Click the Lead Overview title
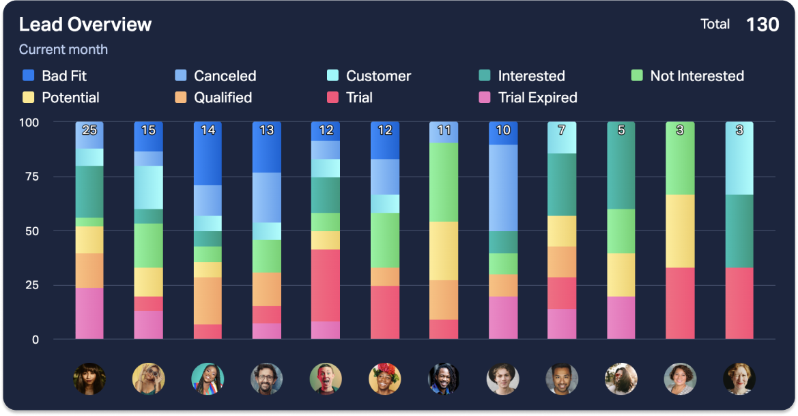[85, 25]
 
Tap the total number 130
[763, 25]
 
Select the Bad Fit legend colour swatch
[29, 76]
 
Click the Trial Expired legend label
[537, 98]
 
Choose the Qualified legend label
[223, 98]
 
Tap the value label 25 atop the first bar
[89, 130]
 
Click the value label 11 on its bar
[444, 130]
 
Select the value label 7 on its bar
[562, 130]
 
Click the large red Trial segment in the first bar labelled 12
[326, 285]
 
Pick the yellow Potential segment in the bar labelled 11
[444, 250]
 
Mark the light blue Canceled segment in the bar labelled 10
[503, 188]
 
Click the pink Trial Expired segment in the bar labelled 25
[89, 313]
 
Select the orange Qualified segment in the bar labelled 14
[208, 300]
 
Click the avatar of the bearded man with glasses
[266, 378]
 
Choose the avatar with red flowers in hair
[385, 378]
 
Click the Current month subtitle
[63, 49]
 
